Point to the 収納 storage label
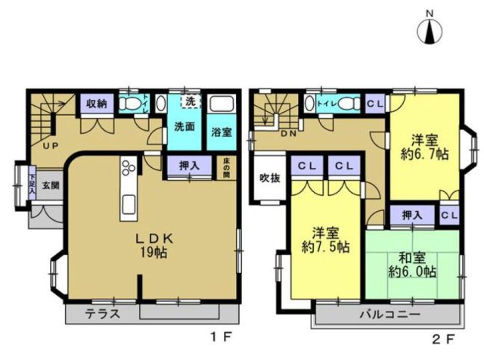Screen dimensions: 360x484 pos(96,103)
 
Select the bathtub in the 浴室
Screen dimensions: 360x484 pos(221,105)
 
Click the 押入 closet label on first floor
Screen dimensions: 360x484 pos(189,164)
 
